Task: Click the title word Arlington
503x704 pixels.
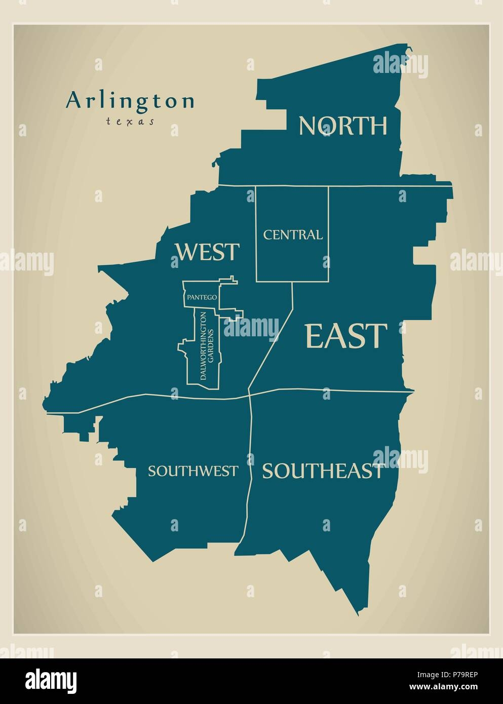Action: [130, 100]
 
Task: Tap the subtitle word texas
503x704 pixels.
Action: [130, 122]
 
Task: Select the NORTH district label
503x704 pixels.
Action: [343, 126]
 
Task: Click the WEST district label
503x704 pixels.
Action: [207, 252]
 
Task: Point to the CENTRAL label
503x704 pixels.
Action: [292, 235]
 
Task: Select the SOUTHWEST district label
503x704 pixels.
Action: [192, 471]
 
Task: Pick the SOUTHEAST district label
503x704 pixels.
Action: [322, 471]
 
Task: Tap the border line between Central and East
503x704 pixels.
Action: [329, 233]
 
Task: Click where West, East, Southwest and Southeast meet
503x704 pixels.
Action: [249, 395]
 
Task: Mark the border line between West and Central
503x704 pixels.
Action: [256, 233]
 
